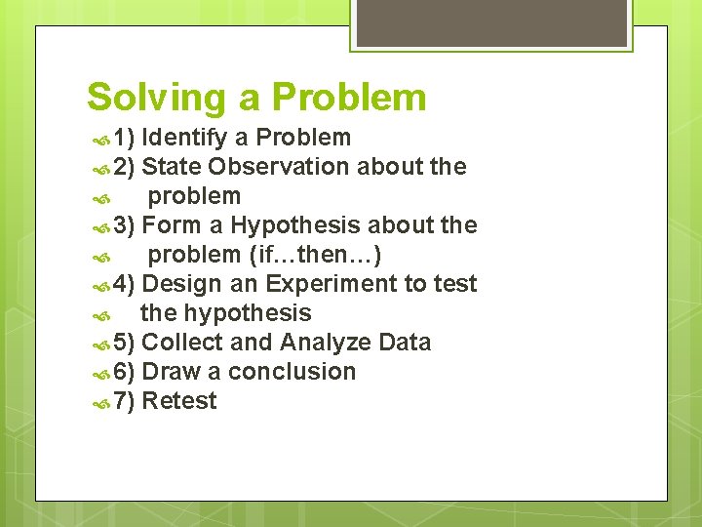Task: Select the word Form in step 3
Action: [171, 225]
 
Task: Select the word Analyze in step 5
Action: [326, 343]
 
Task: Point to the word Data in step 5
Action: [405, 343]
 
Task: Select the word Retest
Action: [179, 401]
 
